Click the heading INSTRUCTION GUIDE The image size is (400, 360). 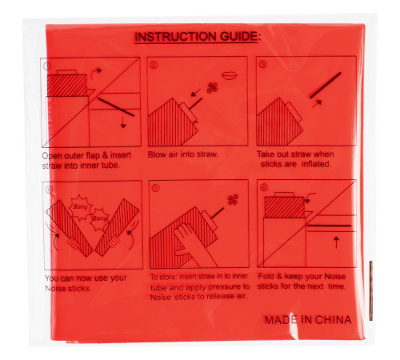[x=197, y=37]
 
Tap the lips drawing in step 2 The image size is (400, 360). [x=230, y=75]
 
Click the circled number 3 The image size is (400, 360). [x=263, y=65]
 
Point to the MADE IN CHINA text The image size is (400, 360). [x=308, y=320]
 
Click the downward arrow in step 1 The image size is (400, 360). [x=123, y=122]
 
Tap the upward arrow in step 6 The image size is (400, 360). [x=337, y=242]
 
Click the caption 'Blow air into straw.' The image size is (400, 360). [x=183, y=154]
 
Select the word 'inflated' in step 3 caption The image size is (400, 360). [x=317, y=164]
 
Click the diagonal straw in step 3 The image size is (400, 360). [x=326, y=85]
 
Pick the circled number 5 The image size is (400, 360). [x=155, y=188]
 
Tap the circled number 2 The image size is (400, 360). [x=154, y=65]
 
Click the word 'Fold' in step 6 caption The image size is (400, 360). [x=266, y=276]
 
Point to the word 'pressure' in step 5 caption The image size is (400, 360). [x=223, y=287]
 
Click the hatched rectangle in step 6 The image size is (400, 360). [x=285, y=207]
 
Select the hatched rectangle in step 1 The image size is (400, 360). [x=67, y=86]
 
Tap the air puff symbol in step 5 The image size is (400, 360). [x=233, y=200]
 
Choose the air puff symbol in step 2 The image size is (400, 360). [x=213, y=88]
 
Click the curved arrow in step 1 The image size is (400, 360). [x=95, y=74]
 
